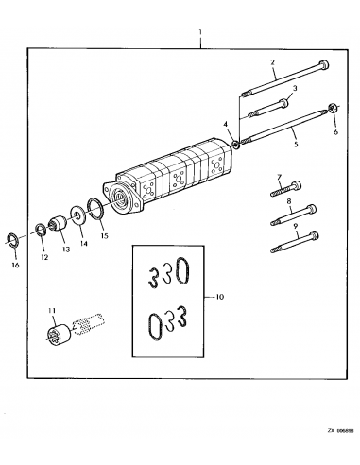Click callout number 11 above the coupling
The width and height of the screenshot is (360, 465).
53,310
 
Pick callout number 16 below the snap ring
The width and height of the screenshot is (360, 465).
15,267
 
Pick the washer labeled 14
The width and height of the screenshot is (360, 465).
77,215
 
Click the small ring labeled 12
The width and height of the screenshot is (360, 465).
43,230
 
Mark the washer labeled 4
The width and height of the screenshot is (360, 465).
235,142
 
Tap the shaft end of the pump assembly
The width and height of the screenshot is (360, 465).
119,198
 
